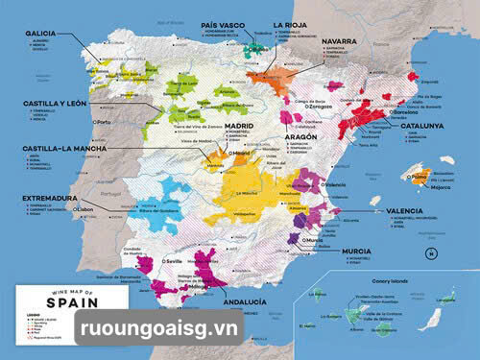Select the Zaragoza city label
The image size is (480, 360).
tap(320, 107)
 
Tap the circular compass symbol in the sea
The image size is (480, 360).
tap(432, 252)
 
